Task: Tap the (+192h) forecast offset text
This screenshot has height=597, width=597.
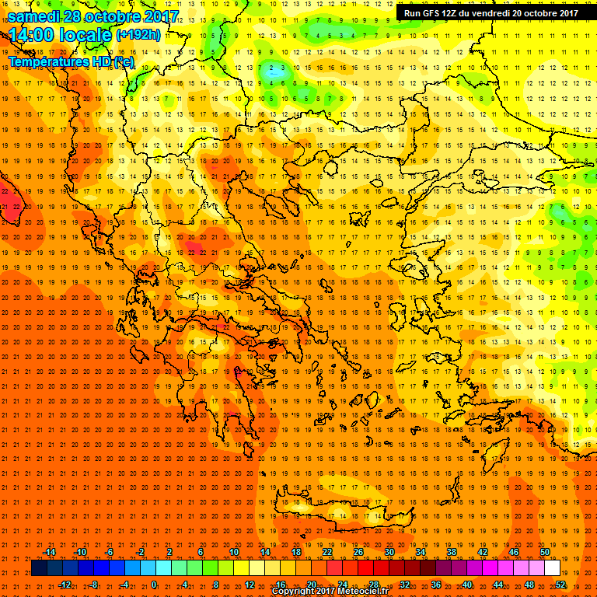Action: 138,34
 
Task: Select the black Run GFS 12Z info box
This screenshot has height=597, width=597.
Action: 491,12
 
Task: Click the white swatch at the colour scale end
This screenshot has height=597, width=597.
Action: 552,568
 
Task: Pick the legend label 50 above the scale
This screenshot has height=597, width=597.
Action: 544,552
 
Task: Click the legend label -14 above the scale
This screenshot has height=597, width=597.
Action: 49,552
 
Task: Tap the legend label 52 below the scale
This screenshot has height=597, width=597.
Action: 560,585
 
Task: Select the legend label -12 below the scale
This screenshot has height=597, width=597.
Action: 65,585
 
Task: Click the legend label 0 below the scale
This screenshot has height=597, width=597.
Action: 154,585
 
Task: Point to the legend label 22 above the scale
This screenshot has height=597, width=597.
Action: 327,552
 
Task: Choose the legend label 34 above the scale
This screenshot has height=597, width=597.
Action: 421,552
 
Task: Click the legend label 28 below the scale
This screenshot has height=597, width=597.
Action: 374,585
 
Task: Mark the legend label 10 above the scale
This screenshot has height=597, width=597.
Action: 234,552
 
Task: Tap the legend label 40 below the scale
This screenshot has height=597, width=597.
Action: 467,585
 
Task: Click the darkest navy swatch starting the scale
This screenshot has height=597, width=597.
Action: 39,568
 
